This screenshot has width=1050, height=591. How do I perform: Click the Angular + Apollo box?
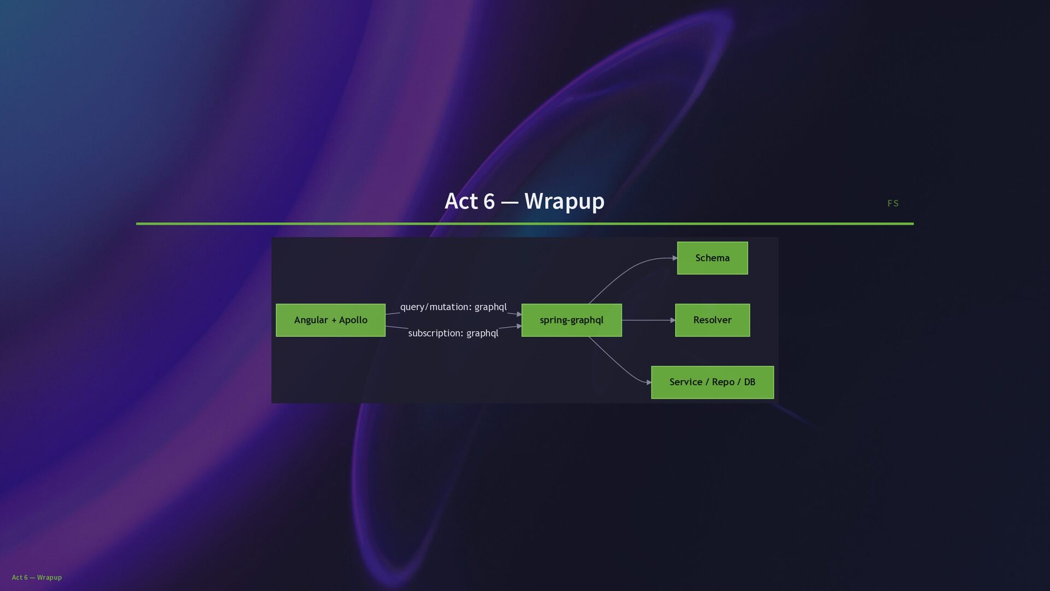(330, 320)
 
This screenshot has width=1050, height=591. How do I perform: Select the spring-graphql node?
(571, 320)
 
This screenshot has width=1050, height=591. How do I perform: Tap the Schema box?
(712, 258)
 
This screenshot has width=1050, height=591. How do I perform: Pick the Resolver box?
(712, 320)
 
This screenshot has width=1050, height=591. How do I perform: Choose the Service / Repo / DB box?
(712, 382)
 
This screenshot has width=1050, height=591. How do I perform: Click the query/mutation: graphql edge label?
(453, 307)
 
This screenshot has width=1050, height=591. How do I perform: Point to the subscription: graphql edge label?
(453, 333)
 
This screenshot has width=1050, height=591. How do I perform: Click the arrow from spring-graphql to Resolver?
(648, 320)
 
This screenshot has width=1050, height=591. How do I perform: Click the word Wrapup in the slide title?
(564, 201)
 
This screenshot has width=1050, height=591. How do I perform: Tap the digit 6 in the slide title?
(489, 201)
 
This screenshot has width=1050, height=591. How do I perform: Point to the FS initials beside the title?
(892, 204)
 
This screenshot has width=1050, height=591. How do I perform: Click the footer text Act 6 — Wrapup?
(37, 577)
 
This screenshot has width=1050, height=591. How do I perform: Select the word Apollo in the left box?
(353, 320)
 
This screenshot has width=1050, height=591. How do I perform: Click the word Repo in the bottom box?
(723, 382)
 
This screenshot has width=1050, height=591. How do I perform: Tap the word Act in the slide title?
(461, 201)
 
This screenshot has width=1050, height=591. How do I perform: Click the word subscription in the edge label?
(435, 333)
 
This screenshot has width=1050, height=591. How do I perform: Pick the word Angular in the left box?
(311, 320)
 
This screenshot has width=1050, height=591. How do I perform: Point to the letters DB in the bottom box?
(749, 382)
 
